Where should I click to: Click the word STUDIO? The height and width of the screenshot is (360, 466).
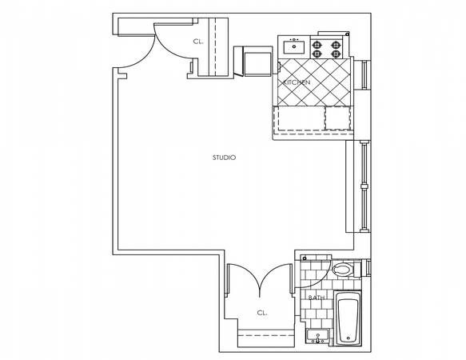[224, 158]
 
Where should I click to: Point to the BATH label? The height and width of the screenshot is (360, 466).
[316, 298]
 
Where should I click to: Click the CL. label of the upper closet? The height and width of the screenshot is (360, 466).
[198, 42]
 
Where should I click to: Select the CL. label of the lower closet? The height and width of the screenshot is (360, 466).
[261, 313]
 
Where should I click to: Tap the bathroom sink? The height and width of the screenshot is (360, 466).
[317, 336]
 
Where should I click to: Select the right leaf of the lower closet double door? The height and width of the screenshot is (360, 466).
[279, 284]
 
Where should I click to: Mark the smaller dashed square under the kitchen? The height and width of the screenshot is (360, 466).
[337, 117]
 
